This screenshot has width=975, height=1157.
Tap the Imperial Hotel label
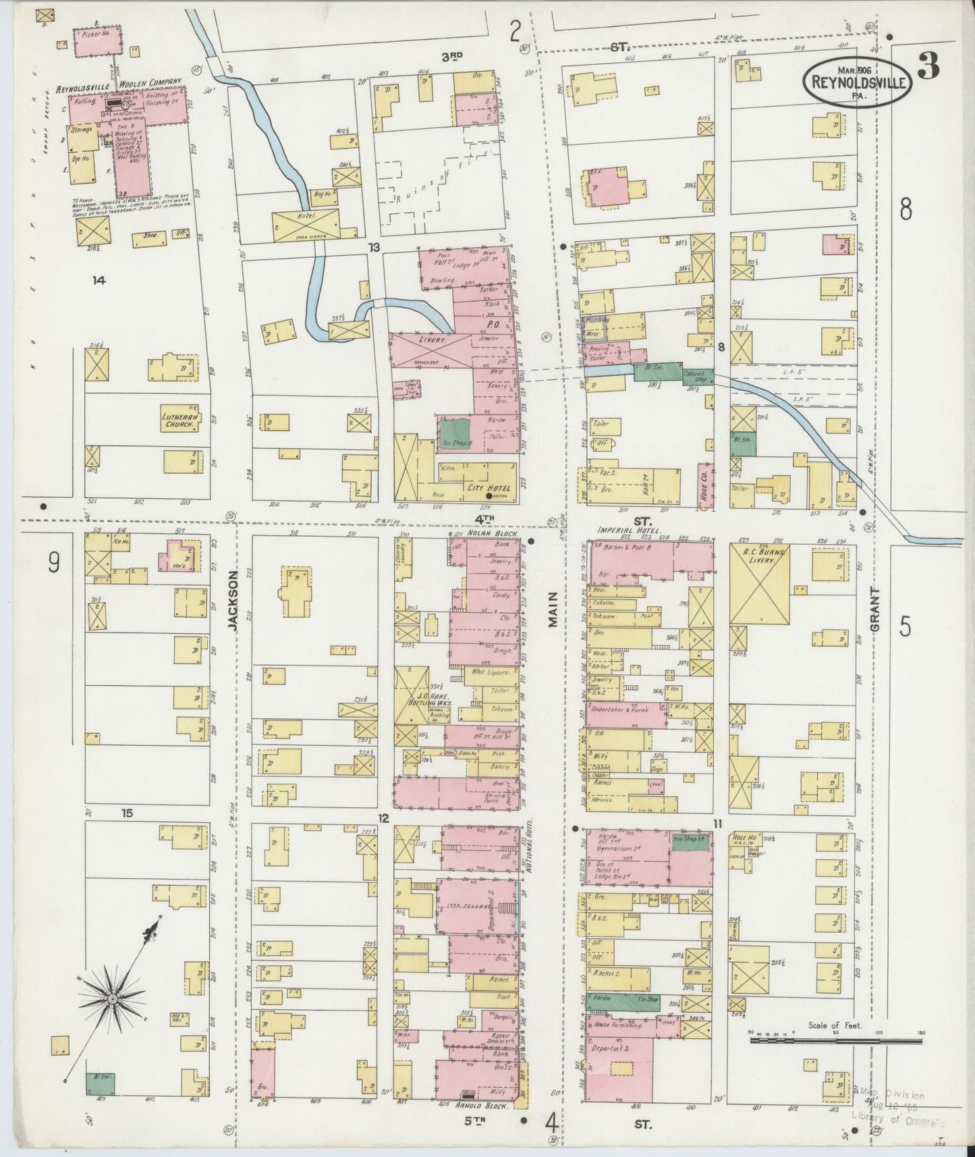click(619, 531)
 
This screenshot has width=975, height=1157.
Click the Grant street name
click(875, 609)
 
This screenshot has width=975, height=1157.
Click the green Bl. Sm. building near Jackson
click(99, 1083)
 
